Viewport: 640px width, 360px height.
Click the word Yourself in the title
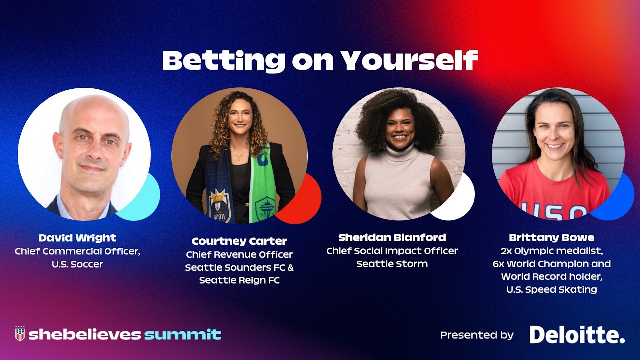pos(409,61)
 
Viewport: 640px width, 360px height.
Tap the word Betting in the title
pos(224,61)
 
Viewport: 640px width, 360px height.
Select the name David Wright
pos(77,238)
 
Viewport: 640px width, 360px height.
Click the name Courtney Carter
pos(239,241)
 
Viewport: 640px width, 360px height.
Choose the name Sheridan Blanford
pos(392,237)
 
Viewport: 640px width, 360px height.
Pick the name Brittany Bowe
pos(551,237)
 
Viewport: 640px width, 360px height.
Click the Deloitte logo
pos(577,335)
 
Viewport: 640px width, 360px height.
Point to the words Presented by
pos(476,335)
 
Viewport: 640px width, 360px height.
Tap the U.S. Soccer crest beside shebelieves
pos(20,334)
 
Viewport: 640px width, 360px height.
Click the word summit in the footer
pos(183,334)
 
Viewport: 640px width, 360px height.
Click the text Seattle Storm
pos(392,264)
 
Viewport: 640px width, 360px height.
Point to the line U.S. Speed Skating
pos(551,289)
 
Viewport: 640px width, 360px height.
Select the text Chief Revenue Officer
pos(239,255)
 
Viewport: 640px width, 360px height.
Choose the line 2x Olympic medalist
pos(551,250)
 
